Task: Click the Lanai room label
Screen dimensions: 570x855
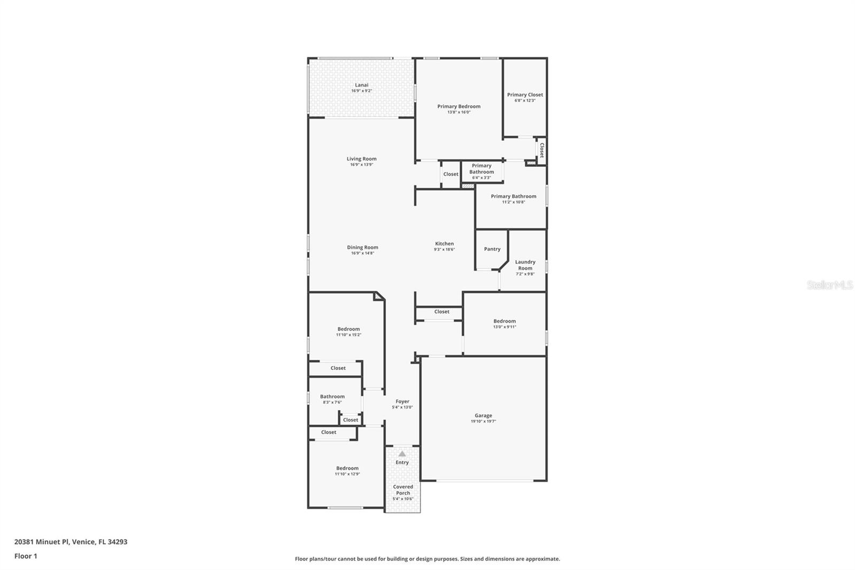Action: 362,85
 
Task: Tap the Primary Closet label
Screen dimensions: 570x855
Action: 525,95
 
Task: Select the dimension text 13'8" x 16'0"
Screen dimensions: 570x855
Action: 458,112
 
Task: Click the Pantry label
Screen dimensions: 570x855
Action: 492,249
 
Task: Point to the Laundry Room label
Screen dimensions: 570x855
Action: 525,265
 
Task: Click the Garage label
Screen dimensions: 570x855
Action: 483,415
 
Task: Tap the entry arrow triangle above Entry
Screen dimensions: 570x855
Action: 402,454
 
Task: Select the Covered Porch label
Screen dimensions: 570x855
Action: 403,490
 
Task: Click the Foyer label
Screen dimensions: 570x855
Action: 402,402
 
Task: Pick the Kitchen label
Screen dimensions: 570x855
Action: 444,244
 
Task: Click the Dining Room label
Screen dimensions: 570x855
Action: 362,248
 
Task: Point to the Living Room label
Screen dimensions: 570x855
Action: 361,159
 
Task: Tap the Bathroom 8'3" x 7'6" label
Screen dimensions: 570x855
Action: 332,397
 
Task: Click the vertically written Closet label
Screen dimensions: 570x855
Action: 541,150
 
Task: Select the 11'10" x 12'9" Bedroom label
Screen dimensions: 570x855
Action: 347,468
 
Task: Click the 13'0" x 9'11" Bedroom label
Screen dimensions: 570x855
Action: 504,321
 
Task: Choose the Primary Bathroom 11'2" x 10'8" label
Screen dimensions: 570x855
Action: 513,196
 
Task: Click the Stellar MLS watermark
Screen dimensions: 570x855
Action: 829,286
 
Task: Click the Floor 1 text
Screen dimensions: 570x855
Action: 26,556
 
